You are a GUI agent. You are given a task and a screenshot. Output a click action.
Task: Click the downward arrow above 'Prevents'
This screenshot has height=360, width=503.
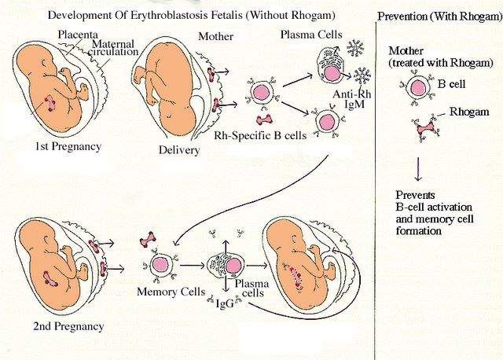coord(417,166)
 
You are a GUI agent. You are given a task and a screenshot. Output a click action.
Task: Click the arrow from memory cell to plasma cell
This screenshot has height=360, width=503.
coord(194,266)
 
